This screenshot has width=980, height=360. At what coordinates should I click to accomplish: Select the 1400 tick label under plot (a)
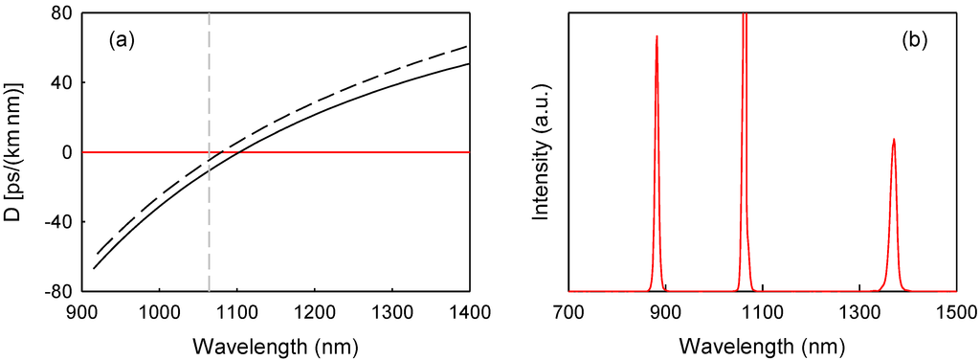pyautogui.click(x=469, y=312)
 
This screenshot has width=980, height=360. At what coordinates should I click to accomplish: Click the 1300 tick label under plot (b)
pyautogui.click(x=859, y=312)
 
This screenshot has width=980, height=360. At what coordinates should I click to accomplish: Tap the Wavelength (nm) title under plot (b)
pyautogui.click(x=763, y=344)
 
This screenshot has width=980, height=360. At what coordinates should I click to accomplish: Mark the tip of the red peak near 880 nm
pyautogui.click(x=657, y=36)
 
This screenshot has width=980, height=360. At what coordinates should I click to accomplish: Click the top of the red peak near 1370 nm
pyautogui.click(x=894, y=139)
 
